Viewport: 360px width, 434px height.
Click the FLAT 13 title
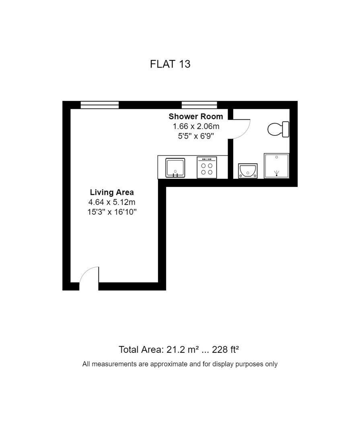(170, 64)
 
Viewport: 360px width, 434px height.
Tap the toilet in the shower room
(278, 129)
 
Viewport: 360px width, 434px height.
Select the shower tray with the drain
(276, 166)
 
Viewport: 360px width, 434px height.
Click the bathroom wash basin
(248, 171)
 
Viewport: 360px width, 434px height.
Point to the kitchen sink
(175, 168)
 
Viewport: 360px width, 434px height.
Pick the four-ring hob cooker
(207, 168)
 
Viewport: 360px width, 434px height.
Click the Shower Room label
(195, 117)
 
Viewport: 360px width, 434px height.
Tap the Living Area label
(112, 192)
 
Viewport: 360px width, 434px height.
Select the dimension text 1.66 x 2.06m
(196, 127)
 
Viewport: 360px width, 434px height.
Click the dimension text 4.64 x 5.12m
(112, 202)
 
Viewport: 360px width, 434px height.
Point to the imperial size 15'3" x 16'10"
(112, 212)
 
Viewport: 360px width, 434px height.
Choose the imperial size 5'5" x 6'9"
(196, 136)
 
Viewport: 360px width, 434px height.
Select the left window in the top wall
(100, 105)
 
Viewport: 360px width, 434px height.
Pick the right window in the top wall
(199, 105)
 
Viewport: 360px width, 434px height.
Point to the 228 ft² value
(225, 350)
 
